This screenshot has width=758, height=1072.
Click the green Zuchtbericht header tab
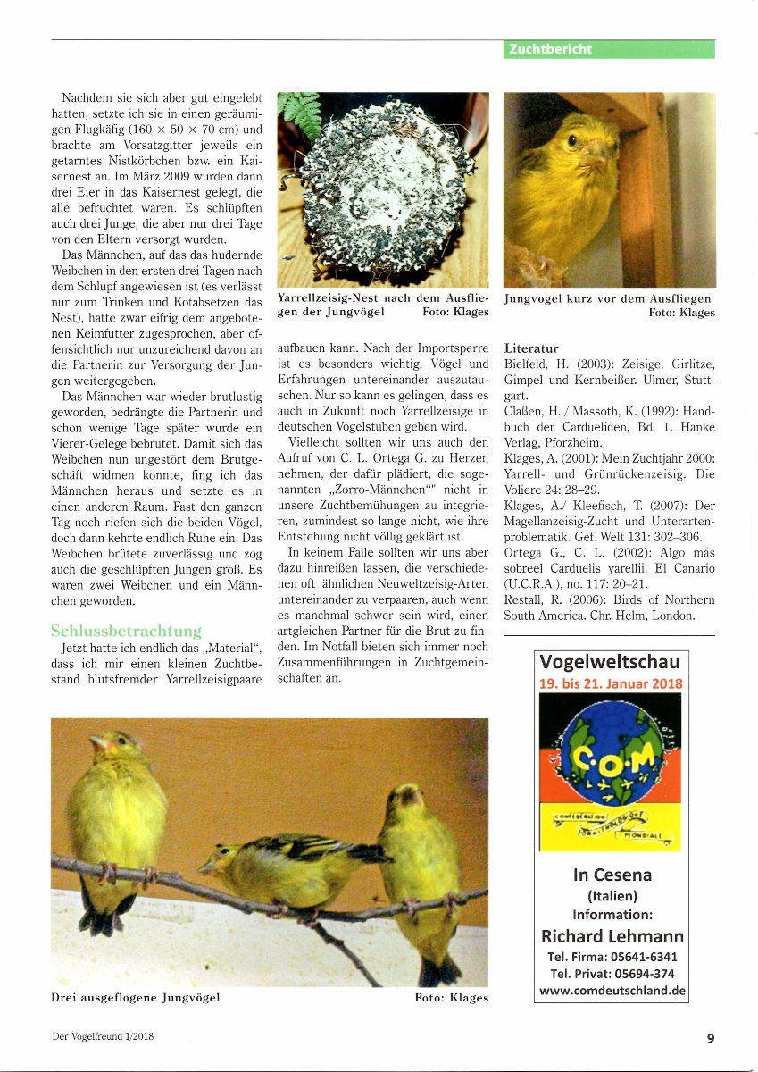609,49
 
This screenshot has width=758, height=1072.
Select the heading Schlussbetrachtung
126,632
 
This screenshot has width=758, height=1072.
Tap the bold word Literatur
531,348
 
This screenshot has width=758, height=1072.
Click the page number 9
710,1037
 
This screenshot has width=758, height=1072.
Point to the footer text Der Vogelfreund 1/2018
108,1037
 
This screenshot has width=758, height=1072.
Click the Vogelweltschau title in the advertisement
610,662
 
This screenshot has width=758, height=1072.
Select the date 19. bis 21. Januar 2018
610,683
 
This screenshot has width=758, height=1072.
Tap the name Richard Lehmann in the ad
612,936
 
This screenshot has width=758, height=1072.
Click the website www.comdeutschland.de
612,991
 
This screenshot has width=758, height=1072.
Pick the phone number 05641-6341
637,957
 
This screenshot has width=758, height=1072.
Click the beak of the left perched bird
96,743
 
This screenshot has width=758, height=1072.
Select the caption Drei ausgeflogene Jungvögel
136,997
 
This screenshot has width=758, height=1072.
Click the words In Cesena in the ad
612,875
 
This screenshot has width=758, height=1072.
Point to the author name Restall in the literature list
523,599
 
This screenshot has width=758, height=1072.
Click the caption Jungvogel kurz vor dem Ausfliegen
607,298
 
